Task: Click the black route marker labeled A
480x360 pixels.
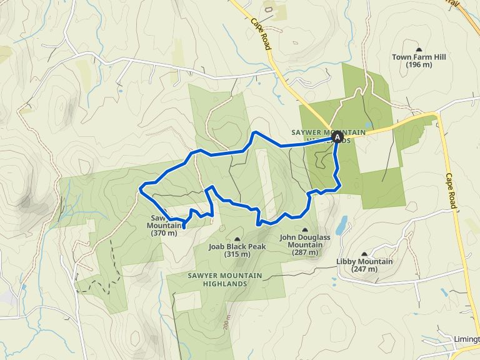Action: coord(337,137)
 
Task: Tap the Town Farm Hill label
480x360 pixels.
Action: coord(419,57)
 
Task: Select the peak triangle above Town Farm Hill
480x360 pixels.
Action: coord(419,49)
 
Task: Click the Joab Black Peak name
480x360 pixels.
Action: coord(237,246)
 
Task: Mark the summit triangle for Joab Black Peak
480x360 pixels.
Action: coord(237,239)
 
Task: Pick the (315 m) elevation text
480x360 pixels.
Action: coord(237,254)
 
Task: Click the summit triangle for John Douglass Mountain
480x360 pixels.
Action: coord(304,230)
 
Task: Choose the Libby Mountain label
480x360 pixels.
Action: coord(364,261)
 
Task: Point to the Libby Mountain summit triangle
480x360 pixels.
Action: coord(364,254)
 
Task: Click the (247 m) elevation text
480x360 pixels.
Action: coord(364,269)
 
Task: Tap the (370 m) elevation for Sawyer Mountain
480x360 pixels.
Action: coord(164,233)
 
